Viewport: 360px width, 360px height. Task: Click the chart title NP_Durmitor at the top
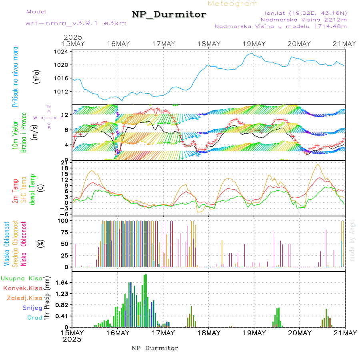pyautogui.click(x=169, y=15)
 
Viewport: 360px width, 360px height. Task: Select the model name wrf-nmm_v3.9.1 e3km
pyautogui.click(x=76, y=23)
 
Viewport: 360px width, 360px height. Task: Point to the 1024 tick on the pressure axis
pyautogui.click(x=62, y=52)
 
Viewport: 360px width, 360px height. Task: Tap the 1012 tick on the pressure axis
pyautogui.click(x=62, y=92)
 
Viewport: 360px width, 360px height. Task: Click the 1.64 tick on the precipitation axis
pyautogui.click(x=61, y=282)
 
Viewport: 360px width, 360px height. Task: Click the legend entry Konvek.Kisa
pyautogui.click(x=22, y=288)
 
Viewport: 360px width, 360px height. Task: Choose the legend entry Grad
pyautogui.click(x=34, y=318)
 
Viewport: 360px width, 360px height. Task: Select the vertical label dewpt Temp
pyautogui.click(x=33, y=188)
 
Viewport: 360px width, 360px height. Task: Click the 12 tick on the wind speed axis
pyautogui.click(x=65, y=115)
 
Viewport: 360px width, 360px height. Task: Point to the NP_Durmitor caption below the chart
pyautogui.click(x=155, y=348)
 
